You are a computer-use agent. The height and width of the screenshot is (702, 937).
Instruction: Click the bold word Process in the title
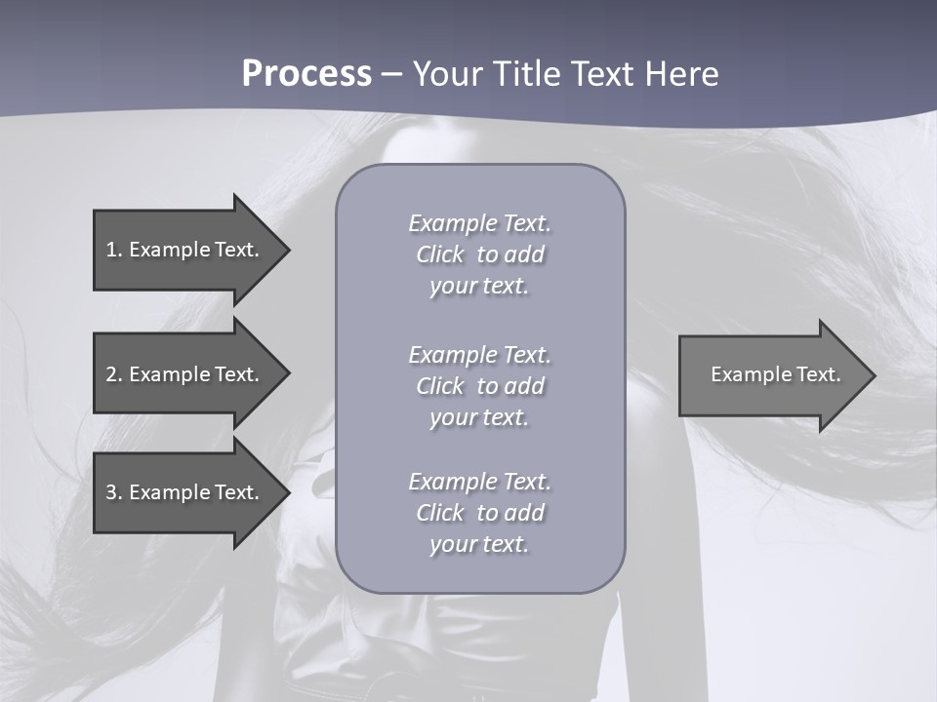306,74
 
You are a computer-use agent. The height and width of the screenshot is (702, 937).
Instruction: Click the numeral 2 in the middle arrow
111,374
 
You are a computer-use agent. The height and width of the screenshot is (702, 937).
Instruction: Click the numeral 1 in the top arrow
111,250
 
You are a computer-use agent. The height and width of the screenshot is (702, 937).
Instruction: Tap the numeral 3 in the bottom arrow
111,492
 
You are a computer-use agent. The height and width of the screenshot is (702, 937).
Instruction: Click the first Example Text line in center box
479,223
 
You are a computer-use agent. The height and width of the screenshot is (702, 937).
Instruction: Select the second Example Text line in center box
479,355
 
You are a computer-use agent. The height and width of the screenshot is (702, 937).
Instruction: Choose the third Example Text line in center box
479,482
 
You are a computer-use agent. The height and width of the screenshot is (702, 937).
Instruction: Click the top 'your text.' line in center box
479,287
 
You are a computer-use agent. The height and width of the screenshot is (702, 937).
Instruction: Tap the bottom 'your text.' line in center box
479,545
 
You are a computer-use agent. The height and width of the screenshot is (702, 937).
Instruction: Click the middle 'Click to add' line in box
479,386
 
